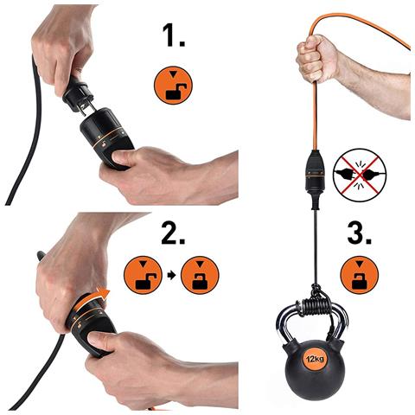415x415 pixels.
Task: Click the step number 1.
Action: [x=174, y=35]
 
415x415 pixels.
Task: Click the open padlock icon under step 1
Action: [x=173, y=86]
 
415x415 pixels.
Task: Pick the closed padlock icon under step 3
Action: [x=360, y=275]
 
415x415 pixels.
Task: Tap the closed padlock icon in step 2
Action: [x=200, y=275]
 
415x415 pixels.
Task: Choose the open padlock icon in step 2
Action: [x=143, y=275]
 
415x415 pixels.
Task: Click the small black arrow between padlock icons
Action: [x=172, y=275]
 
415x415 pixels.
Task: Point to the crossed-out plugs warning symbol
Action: [x=360, y=175]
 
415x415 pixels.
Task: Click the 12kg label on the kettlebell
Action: [x=315, y=359]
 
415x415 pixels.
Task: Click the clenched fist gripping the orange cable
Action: [x=317, y=59]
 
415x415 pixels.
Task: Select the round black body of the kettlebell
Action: [x=315, y=369]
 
